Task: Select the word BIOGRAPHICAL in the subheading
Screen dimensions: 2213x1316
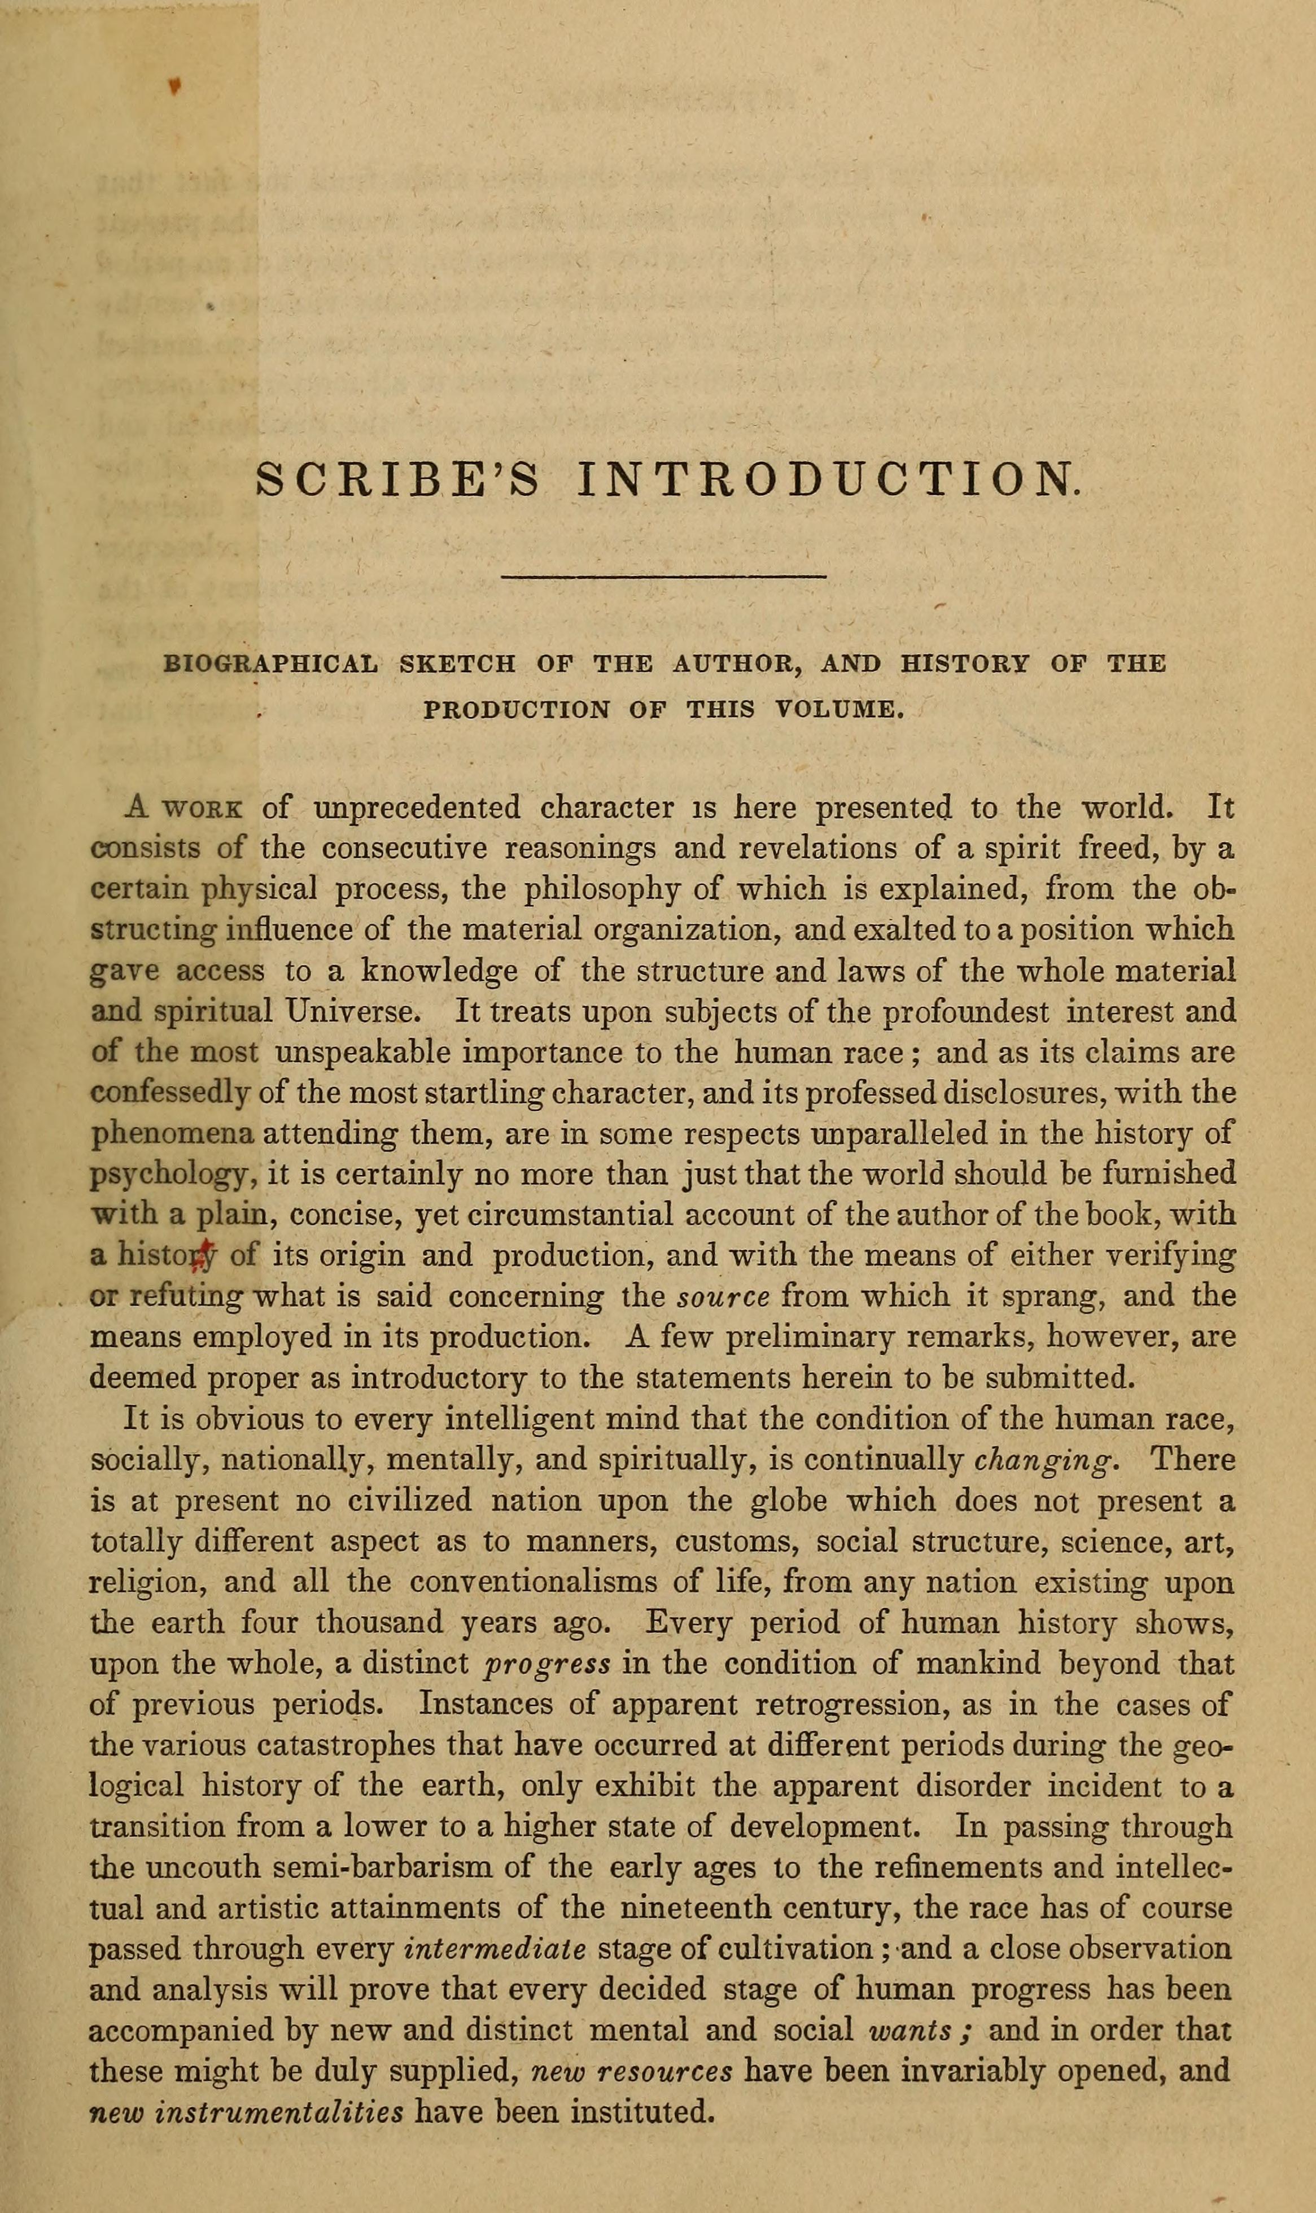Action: click(272, 664)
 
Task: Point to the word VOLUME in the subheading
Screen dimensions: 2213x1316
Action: click(838, 710)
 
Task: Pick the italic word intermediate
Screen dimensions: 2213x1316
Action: click(494, 1949)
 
